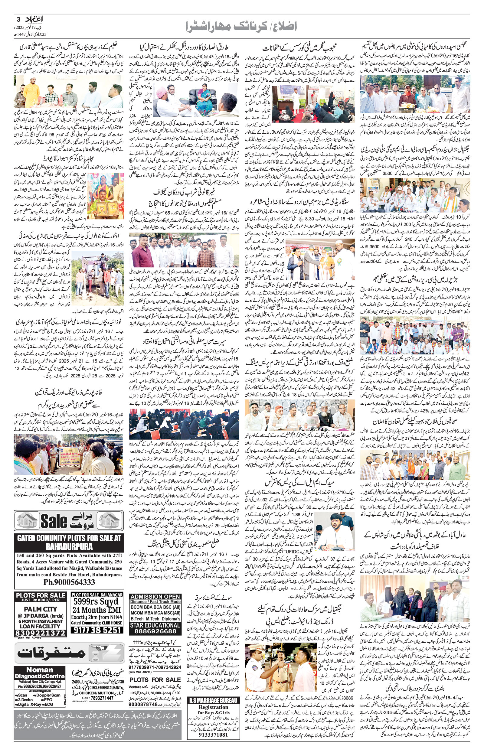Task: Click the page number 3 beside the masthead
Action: [x=18, y=19]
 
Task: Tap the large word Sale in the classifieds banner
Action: [x=54, y=522]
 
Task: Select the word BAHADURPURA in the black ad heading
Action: [x=69, y=547]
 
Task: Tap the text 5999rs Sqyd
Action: [x=96, y=601]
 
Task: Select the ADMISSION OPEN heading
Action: [x=155, y=597]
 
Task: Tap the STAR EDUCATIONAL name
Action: [x=155, y=625]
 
